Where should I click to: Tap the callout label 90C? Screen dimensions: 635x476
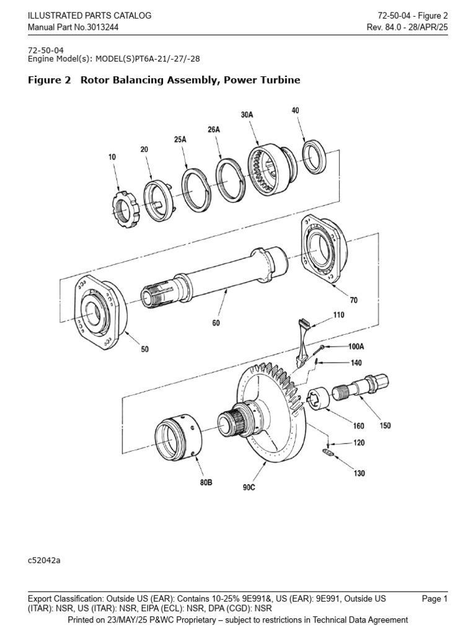[x=249, y=488]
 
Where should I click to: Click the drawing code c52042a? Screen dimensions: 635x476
[x=44, y=560]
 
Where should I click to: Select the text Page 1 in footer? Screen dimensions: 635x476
[x=434, y=599]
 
